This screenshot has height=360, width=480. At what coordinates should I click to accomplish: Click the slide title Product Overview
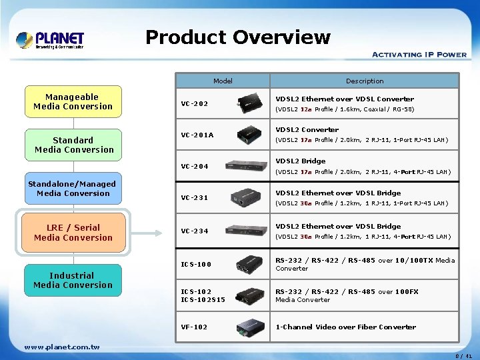(237, 37)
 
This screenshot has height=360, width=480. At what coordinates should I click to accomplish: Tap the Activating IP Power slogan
(419, 55)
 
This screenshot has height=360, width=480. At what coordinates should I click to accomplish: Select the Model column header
(223, 81)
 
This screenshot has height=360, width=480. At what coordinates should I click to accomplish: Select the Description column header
(365, 81)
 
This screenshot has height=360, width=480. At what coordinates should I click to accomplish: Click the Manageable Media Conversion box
(73, 102)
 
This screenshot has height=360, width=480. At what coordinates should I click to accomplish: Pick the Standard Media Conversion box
(73, 145)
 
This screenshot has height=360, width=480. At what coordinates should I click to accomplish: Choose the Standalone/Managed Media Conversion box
(73, 189)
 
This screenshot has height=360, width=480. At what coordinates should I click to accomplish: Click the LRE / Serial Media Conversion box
(73, 233)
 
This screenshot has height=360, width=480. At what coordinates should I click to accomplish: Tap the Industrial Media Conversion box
(73, 280)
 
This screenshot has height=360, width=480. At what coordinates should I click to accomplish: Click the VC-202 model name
(195, 104)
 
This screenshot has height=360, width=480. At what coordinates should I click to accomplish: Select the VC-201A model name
(197, 135)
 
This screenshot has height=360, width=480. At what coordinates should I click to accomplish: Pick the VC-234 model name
(195, 231)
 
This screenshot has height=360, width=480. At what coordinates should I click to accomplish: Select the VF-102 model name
(195, 327)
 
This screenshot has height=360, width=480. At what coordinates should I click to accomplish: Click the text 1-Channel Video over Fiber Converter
(345, 327)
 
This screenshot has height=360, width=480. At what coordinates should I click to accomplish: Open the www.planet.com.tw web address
(61, 347)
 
